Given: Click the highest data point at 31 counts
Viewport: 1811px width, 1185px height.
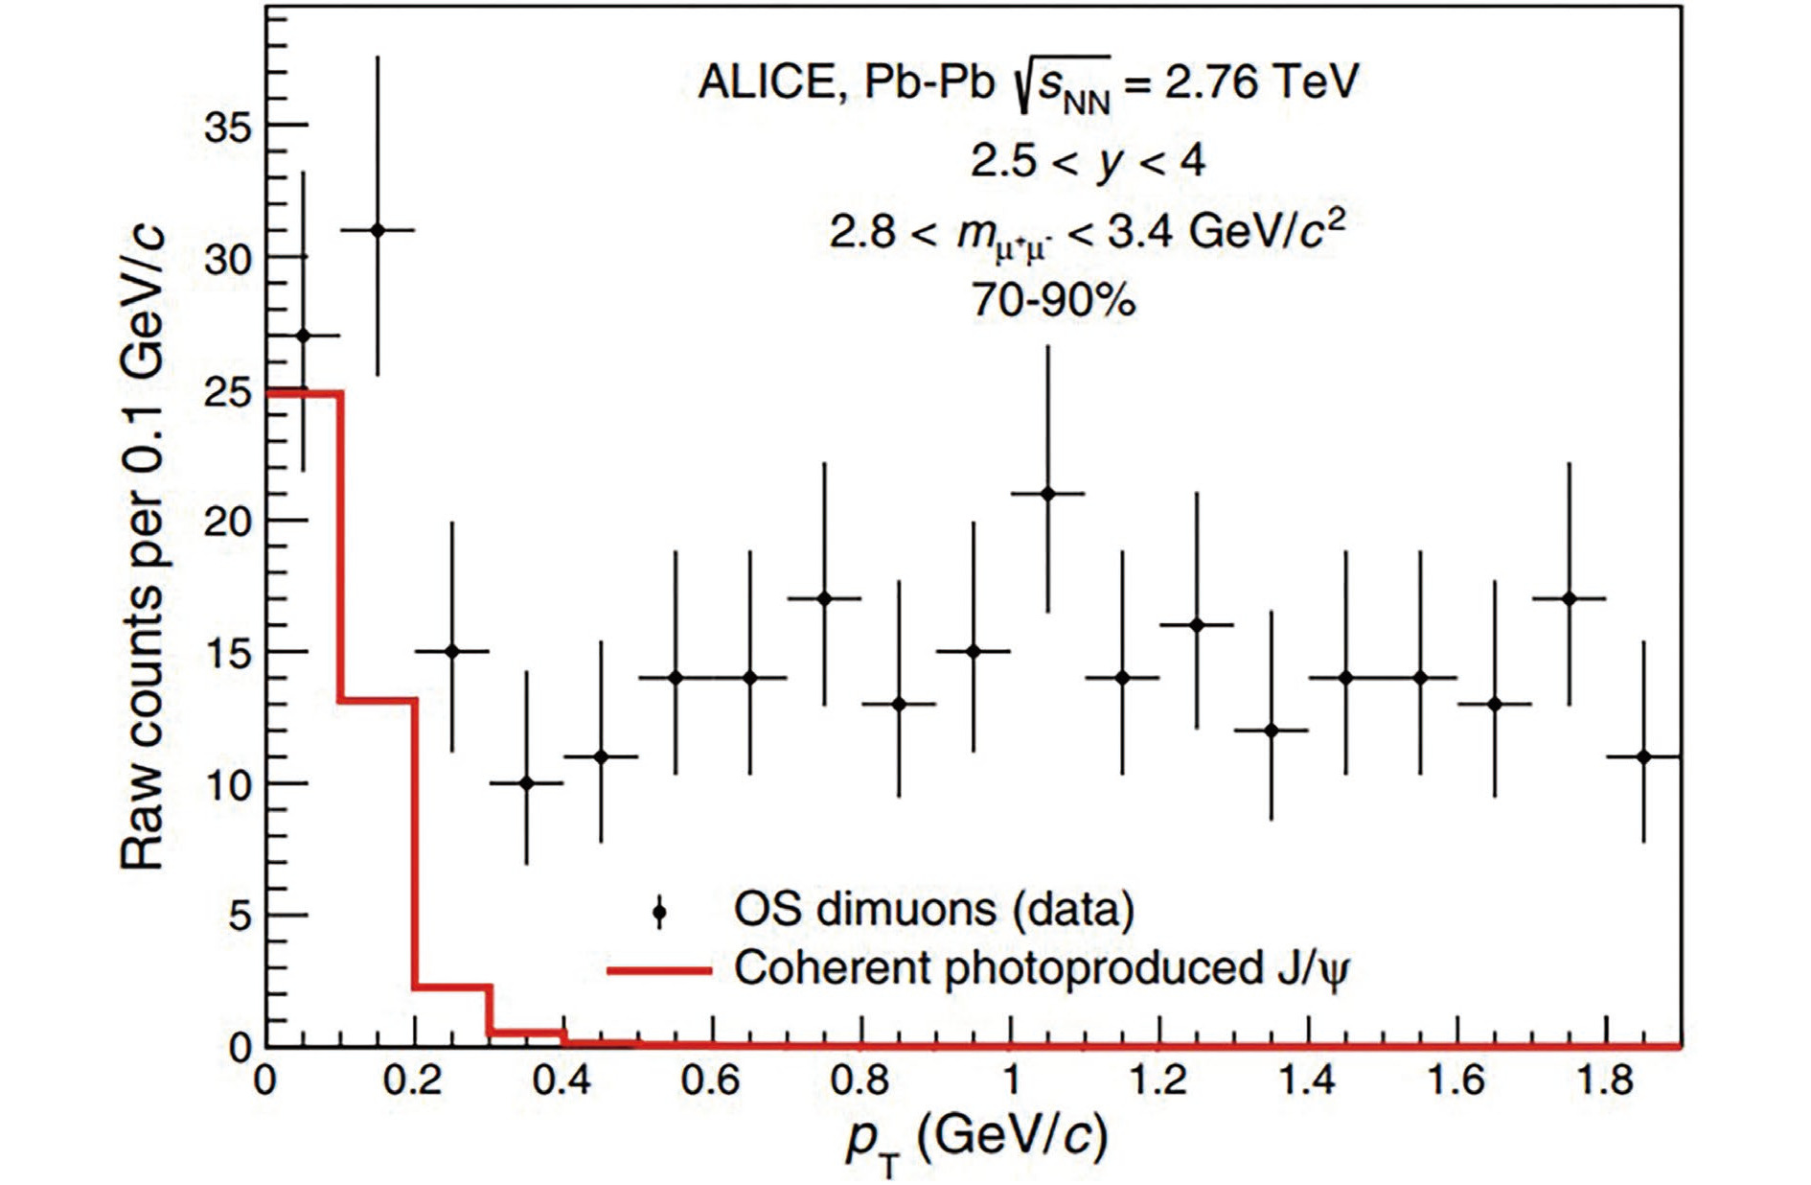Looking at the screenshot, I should point(378,230).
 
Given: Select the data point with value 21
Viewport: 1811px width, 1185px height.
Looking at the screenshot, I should point(1047,494).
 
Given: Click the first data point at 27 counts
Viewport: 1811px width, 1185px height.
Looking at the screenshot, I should point(304,336).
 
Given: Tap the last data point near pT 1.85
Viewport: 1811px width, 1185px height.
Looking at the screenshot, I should point(1643,756).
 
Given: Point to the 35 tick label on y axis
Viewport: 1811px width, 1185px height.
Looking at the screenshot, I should point(229,127).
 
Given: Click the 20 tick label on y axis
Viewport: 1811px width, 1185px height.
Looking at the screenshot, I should point(229,522).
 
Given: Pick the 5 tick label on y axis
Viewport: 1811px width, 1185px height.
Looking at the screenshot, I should point(240,917).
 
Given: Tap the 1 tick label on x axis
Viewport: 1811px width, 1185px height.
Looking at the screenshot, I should point(1010,1080).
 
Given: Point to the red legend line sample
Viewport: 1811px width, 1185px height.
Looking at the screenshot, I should point(659,970).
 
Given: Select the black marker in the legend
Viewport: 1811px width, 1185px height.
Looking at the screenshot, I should point(659,912).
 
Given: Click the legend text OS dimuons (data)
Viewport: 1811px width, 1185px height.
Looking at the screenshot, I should point(933,909).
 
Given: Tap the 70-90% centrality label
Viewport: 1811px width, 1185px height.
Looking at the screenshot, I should point(1053,300).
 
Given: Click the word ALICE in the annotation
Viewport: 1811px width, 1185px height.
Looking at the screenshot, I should point(767,81).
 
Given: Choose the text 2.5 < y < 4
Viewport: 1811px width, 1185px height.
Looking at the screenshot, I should point(1087,161).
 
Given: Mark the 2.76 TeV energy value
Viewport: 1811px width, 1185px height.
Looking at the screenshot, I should point(1261,81).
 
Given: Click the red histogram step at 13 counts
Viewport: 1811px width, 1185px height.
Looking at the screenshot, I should point(378,701).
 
